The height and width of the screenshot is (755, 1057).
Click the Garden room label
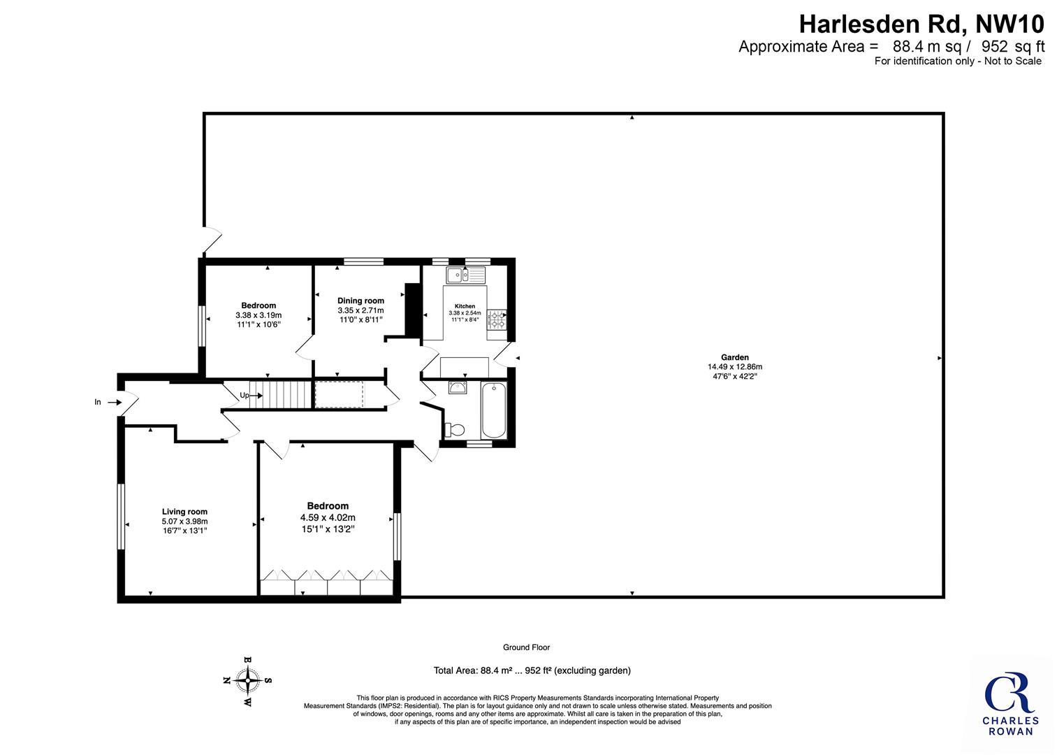[x=735, y=357]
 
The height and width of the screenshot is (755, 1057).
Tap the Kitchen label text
[x=465, y=306]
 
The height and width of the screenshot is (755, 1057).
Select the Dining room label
[x=360, y=301]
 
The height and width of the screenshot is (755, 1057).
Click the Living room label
[x=184, y=511]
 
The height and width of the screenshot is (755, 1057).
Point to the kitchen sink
[x=466, y=275]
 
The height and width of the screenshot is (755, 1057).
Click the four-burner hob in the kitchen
[x=497, y=319]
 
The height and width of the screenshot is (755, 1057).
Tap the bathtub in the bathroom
[x=494, y=410]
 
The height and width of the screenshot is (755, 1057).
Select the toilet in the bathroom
[x=454, y=430]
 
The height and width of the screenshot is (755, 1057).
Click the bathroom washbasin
[x=458, y=388]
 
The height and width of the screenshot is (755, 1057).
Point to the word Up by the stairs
[x=245, y=395]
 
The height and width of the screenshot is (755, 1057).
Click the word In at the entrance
[x=98, y=402]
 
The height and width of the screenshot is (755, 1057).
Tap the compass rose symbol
[x=247, y=681]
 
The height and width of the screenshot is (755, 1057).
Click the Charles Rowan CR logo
[x=1009, y=704]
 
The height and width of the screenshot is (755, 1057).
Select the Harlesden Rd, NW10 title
[x=921, y=24]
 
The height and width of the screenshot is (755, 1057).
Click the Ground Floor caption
[x=526, y=647]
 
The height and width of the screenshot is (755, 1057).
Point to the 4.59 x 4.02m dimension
[x=328, y=517]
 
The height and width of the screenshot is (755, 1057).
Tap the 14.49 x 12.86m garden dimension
[x=735, y=366]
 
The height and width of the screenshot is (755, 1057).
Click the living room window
[x=121, y=517]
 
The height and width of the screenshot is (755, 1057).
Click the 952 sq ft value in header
[x=1013, y=47]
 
